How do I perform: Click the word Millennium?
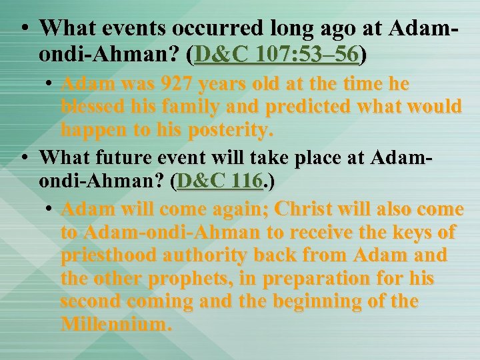point(115,325)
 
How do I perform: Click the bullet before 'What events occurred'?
point(24,29)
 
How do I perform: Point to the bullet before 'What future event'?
point(24,159)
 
